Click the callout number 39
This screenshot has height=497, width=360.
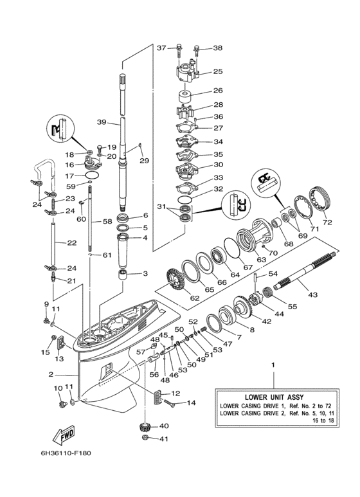click(102, 123)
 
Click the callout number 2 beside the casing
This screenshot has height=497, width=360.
click(50, 374)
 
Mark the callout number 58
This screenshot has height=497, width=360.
click(107, 221)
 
